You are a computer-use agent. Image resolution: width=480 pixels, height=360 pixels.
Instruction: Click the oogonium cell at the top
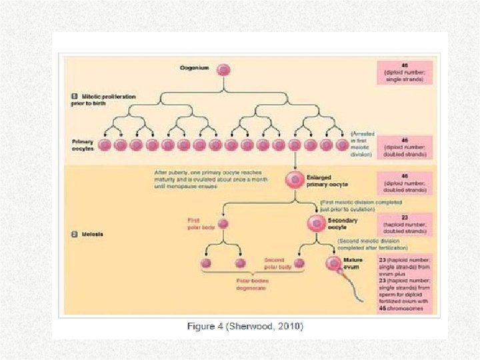coord(225,69)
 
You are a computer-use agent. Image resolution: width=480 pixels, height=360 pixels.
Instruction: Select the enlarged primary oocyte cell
coord(294,179)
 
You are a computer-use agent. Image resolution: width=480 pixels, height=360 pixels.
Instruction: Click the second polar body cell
coord(299,263)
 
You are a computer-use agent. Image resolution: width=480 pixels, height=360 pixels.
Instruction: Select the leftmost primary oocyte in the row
coord(104,145)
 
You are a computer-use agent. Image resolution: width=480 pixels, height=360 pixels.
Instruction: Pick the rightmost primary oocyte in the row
coord(341,145)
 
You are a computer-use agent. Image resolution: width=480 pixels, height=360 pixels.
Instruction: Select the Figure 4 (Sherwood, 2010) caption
coord(245,326)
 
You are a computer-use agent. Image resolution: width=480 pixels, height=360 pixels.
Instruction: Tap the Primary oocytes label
coord(83,145)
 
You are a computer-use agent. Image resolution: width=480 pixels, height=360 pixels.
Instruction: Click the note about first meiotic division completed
coord(360,205)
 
